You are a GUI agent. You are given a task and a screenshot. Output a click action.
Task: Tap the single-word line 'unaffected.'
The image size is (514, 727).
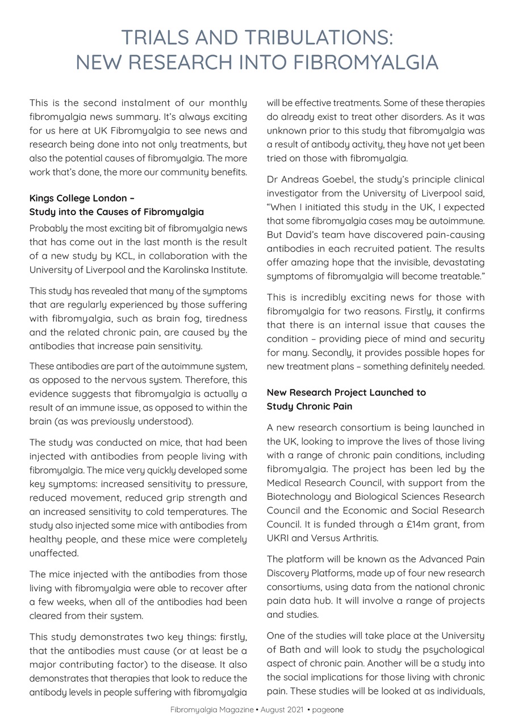[54, 553]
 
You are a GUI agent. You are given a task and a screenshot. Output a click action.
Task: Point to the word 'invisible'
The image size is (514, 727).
[405, 262]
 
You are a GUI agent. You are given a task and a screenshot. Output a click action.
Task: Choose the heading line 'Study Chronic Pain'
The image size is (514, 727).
[310, 406]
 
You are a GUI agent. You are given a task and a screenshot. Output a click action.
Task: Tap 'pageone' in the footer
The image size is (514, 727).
[328, 709]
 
